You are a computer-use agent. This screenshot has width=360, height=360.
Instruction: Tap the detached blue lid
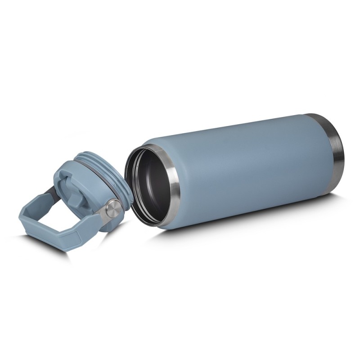click(x=90, y=189)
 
